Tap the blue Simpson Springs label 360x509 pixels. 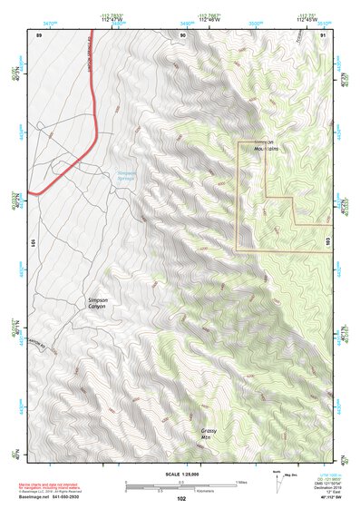pos(132,177)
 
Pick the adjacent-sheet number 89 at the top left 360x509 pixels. pos(39,34)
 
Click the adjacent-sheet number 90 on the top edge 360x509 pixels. pos(184,34)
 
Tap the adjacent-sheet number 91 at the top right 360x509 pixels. pos(324,34)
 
